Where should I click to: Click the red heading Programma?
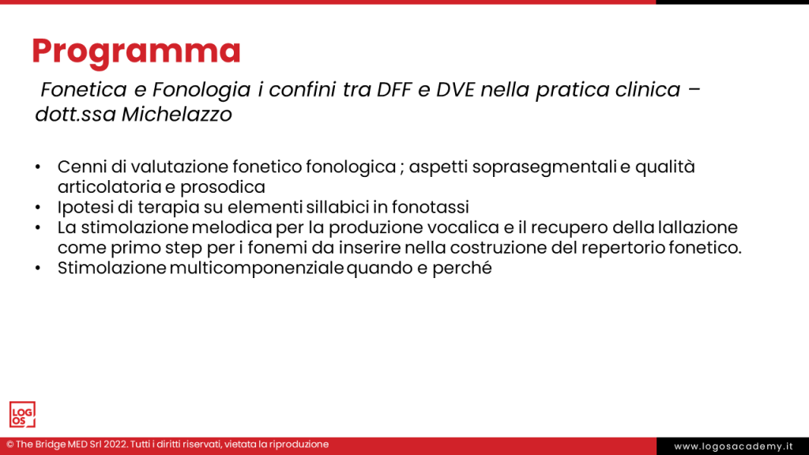click(x=136, y=51)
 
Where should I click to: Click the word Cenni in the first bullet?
click(x=80, y=167)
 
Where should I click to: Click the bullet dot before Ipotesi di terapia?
click(x=38, y=208)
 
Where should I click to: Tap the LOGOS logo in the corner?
click(x=22, y=414)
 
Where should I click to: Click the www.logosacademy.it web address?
click(x=732, y=446)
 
